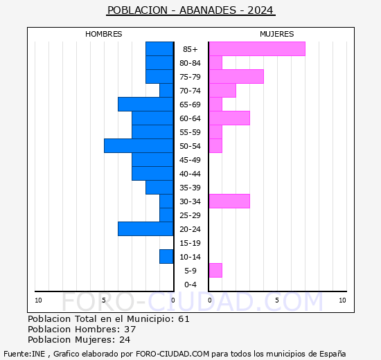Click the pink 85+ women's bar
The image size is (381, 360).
click(257, 49)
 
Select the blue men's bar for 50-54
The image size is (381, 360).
click(139, 146)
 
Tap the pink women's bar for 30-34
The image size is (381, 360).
click(229, 201)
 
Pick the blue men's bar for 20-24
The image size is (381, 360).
click(145, 229)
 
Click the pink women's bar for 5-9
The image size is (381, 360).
click(215, 271)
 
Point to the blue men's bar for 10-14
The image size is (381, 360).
click(166, 257)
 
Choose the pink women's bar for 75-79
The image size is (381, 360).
click(236, 77)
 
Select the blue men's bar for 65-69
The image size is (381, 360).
click(145, 105)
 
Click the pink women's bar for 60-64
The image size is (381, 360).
click(229, 118)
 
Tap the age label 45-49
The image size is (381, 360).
click(190, 160)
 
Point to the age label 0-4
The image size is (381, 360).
click(190, 285)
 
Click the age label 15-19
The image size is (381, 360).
click(190, 243)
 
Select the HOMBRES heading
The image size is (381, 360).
click(103, 34)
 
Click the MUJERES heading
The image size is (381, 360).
click(277, 34)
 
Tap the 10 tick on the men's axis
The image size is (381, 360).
click(38, 300)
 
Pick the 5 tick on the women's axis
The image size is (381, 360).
click(277, 300)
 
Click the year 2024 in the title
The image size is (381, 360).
click(260, 10)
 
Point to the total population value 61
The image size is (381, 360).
click(184, 318)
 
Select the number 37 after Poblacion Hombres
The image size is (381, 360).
click(130, 329)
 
